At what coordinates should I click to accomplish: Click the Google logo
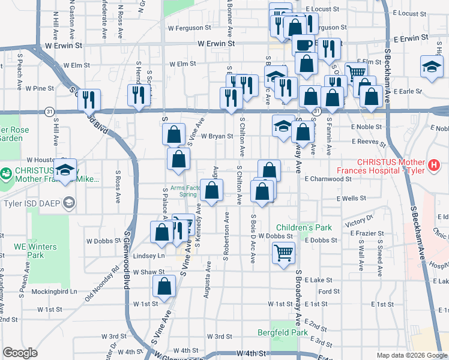pyautogui.click(x=20, y=353)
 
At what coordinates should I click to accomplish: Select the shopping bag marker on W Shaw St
pyautogui.click(x=164, y=287)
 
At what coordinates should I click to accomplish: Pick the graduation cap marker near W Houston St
pyautogui.click(x=65, y=169)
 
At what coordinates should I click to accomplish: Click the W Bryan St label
pyautogui.click(x=217, y=136)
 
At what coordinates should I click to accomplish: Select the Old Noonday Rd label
pyautogui.click(x=98, y=281)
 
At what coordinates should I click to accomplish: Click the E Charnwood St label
pyautogui.click(x=327, y=179)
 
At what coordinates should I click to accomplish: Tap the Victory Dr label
pyautogui.click(x=360, y=223)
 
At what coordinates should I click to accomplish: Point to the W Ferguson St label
pyautogui.click(x=189, y=28)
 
